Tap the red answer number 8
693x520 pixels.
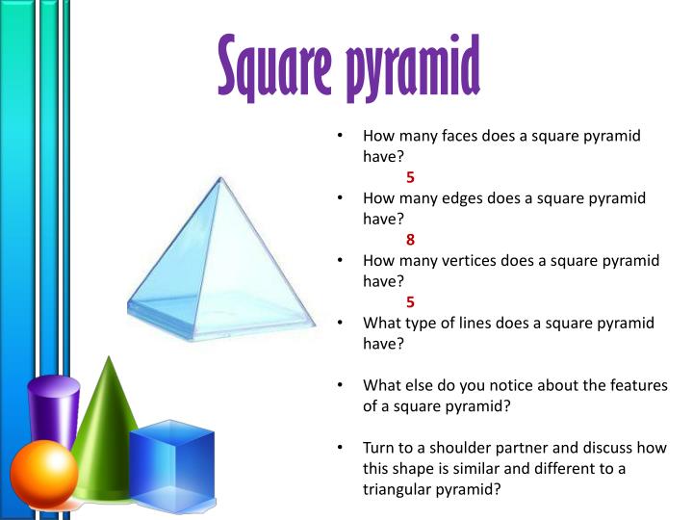410,240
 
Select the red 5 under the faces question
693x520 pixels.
410,177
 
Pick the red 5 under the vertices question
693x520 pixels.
410,301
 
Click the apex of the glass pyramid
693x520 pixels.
220,178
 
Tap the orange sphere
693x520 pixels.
43,472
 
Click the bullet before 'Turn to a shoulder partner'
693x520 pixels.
342,448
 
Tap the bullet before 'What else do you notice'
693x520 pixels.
342,385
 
